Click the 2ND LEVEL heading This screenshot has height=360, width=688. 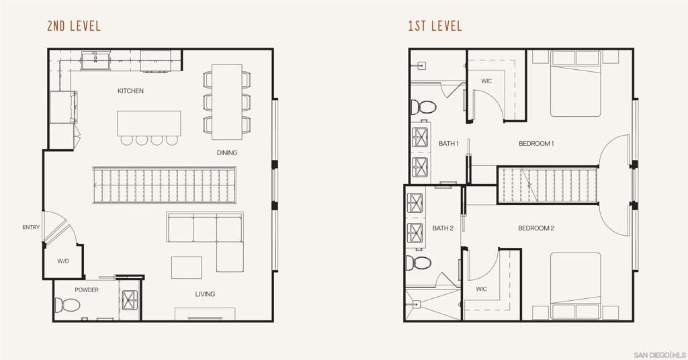click(x=74, y=27)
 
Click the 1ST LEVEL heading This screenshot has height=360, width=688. click(x=435, y=27)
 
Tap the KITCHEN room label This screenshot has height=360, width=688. click(x=130, y=91)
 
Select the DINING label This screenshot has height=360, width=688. click(x=227, y=152)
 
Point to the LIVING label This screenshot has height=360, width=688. click(x=205, y=294)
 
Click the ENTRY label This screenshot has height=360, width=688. click(x=31, y=227)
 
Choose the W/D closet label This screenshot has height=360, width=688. click(x=63, y=261)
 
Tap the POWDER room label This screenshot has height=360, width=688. click(x=87, y=290)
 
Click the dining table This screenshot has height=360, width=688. click(x=227, y=101)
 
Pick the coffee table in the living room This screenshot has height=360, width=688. click(x=186, y=267)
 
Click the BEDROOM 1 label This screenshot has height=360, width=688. click(x=536, y=144)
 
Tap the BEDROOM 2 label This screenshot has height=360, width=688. click(x=535, y=228)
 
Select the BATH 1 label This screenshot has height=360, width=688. click(x=449, y=144)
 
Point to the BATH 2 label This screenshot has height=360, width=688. click(x=443, y=228)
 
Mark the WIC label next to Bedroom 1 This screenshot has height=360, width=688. click(x=486, y=81)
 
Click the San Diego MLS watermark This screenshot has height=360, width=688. click(x=659, y=354)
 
